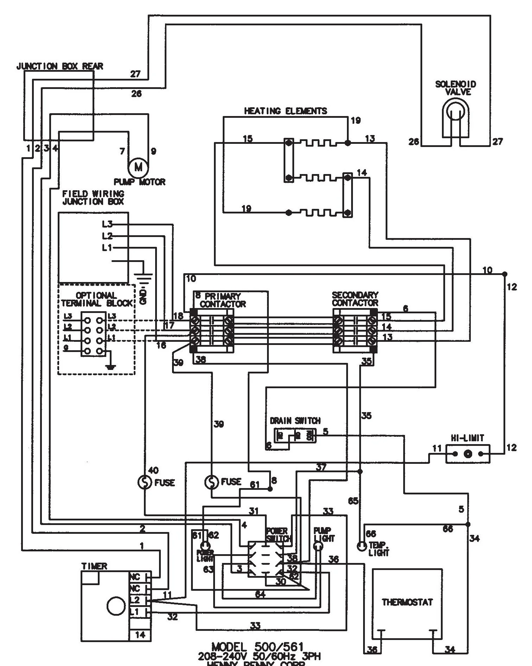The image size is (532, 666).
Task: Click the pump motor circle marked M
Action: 138,168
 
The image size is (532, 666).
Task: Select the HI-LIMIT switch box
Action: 468,454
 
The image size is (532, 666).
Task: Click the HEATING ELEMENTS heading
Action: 285,111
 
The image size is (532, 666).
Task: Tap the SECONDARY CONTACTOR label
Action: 355,299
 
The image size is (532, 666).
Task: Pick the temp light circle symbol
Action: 362,546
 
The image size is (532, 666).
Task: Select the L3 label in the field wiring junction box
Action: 107,224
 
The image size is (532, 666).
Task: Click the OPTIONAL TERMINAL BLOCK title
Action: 97,299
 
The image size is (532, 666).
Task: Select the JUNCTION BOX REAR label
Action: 60,66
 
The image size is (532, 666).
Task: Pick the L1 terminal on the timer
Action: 135,612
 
